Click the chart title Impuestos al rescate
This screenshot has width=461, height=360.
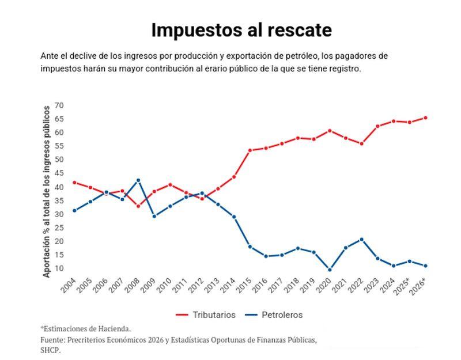click(241, 30)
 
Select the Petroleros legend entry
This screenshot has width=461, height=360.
click(274, 314)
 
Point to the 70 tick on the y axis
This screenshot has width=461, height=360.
click(59, 105)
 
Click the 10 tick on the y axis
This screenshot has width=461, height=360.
click(59, 268)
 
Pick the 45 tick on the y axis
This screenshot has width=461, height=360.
click(59, 173)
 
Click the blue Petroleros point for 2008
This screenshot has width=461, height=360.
click(138, 180)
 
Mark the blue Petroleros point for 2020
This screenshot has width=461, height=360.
click(330, 270)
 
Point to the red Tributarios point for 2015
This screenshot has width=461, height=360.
click(250, 150)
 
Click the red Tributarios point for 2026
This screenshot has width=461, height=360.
click(425, 118)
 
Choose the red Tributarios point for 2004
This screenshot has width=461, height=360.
click(74, 183)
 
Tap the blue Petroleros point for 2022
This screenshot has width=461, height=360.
click(361, 239)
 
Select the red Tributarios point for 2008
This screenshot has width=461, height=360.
click(138, 206)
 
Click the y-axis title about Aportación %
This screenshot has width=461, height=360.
click(47, 191)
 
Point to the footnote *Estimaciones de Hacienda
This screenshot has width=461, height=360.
click(86, 329)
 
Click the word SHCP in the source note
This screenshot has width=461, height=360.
click(50, 350)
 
